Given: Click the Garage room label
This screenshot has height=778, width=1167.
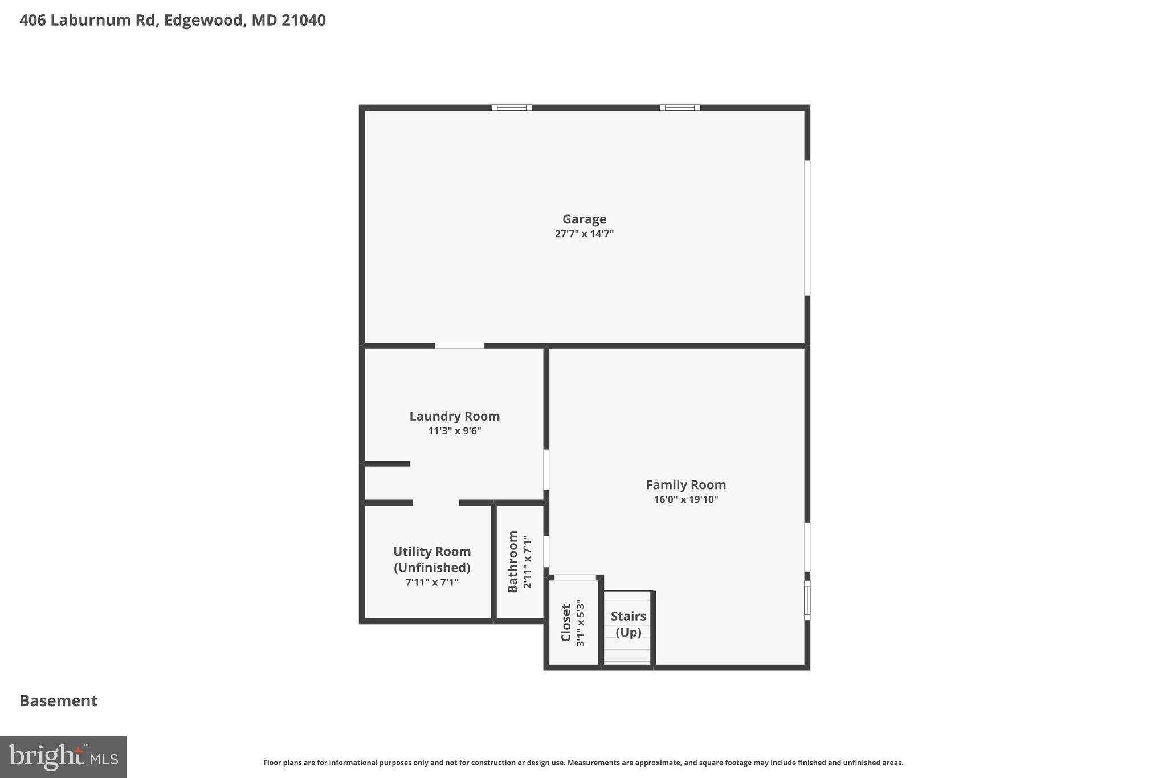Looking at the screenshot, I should (584, 219).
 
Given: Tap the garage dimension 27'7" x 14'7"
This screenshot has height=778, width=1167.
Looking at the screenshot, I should (584, 234).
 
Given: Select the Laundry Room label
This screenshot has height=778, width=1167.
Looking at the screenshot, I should (454, 416).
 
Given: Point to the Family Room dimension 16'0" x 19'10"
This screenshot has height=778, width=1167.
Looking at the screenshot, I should (685, 500).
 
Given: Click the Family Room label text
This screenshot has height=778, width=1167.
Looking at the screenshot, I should (685, 484).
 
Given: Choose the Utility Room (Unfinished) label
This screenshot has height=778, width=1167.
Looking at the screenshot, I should (432, 559).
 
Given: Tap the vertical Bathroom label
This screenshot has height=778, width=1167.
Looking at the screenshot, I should (513, 561).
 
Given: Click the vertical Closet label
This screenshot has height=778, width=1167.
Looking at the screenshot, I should (566, 622).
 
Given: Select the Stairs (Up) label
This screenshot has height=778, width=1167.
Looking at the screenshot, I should (628, 624).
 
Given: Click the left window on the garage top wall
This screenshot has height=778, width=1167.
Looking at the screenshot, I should (512, 108).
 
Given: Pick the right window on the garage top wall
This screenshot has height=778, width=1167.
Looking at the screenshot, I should (680, 108).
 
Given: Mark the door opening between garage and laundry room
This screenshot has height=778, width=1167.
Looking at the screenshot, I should (459, 345).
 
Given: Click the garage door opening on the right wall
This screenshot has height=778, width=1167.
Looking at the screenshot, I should (807, 228).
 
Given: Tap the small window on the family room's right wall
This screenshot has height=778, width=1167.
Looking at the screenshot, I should (807, 600).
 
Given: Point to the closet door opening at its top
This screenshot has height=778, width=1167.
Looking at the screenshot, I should (575, 577).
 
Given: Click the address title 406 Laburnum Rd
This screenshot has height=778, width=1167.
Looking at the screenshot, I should (173, 21).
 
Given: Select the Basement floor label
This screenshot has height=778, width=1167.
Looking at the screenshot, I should (59, 700).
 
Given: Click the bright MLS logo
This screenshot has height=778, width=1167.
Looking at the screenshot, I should (63, 757).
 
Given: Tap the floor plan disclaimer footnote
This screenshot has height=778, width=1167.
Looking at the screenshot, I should (583, 763).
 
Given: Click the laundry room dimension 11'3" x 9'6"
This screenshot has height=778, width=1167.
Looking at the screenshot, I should (454, 431).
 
